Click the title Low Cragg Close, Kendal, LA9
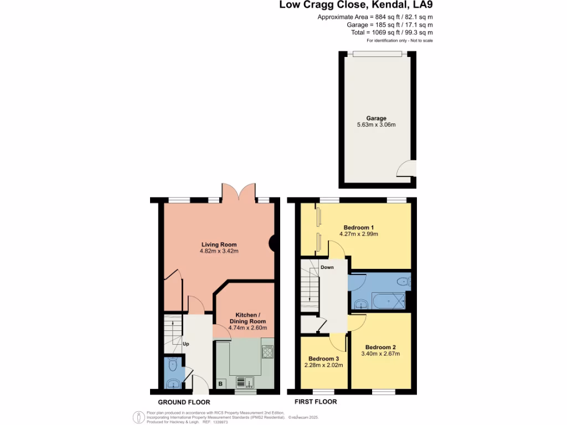(355, 6)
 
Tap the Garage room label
(376, 118)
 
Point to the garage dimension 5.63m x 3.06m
(376, 125)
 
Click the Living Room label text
(219, 244)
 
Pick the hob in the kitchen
(268, 352)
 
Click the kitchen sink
(244, 381)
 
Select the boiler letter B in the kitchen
(220, 383)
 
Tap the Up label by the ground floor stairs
(187, 344)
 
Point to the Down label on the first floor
(327, 267)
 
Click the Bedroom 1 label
(358, 227)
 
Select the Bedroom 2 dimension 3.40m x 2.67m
(380, 354)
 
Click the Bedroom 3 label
(323, 358)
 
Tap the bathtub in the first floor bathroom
(388, 302)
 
